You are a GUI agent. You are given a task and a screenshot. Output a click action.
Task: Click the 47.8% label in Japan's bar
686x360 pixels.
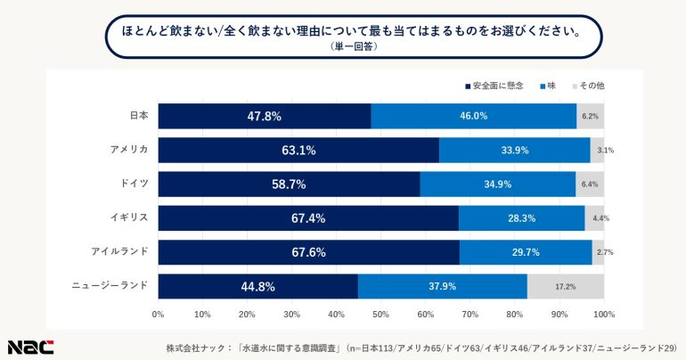(x=265, y=117)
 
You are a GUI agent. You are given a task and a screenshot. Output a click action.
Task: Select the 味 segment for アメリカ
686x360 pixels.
(x=514, y=151)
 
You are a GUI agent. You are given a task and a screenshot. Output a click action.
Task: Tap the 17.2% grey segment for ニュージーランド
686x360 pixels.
(x=565, y=287)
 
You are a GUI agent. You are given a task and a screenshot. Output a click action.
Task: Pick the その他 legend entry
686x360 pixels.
(x=588, y=86)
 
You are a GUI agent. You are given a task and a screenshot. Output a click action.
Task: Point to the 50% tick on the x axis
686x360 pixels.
(x=381, y=314)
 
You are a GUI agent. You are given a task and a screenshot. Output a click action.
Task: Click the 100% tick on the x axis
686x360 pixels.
(x=603, y=314)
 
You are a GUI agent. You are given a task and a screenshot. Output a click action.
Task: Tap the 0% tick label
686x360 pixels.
(x=159, y=314)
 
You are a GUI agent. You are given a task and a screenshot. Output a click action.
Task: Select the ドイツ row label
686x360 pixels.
(x=134, y=184)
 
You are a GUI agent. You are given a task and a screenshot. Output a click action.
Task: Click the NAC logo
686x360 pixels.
(x=30, y=346)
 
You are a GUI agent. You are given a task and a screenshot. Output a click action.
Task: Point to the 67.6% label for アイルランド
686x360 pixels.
(x=309, y=252)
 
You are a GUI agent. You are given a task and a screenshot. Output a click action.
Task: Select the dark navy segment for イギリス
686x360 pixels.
(x=308, y=218)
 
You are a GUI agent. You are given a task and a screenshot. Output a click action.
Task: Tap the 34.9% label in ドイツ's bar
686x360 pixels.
(x=497, y=184)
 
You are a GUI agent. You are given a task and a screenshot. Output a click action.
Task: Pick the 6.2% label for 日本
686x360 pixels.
(x=589, y=117)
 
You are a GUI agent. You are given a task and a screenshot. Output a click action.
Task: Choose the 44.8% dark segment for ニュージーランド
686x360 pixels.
(x=257, y=287)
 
